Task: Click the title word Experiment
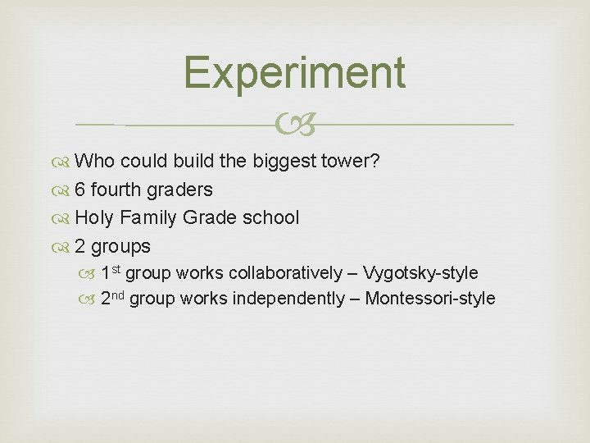point(294,72)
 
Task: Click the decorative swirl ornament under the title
point(294,125)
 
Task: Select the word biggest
point(284,162)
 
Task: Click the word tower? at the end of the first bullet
point(350,162)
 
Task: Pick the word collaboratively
point(288,272)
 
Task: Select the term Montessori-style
point(430,298)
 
